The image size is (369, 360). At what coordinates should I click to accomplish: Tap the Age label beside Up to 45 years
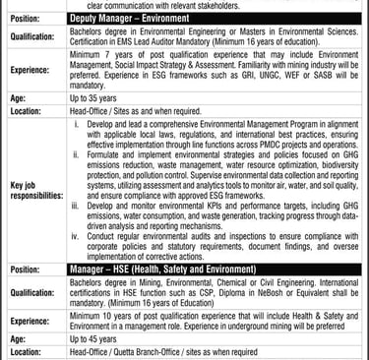(x=17, y=336)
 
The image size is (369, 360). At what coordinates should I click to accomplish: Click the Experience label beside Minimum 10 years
(x=31, y=320)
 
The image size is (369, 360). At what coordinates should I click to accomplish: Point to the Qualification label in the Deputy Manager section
(x=33, y=36)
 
